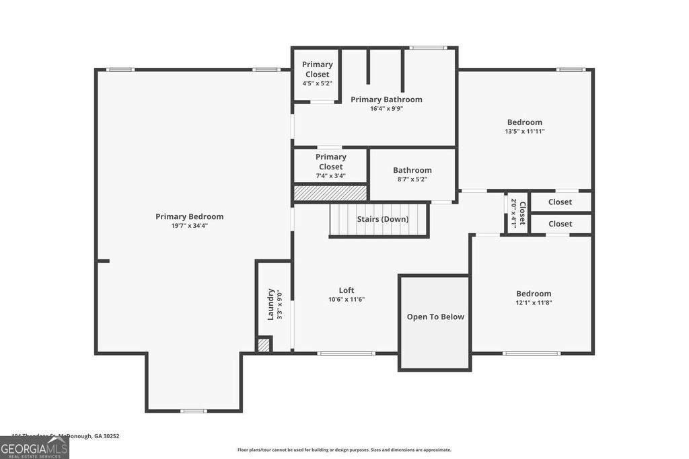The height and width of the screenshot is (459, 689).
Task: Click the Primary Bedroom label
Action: tap(189, 216)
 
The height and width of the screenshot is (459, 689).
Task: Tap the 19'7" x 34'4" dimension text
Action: tap(189, 226)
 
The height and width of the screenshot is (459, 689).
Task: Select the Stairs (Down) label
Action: tap(382, 219)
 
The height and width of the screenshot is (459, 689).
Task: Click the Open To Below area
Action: tap(435, 317)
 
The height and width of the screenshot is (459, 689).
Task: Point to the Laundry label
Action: tap(270, 304)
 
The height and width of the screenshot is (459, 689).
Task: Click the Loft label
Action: tap(347, 290)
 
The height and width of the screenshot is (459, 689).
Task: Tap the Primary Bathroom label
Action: tap(386, 99)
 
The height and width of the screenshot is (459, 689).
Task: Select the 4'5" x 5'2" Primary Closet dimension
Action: tap(317, 83)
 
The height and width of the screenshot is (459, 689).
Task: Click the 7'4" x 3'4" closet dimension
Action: tap(330, 176)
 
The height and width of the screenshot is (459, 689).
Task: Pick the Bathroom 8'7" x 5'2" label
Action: tap(412, 171)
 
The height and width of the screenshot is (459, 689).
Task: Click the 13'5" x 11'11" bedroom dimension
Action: tap(524, 132)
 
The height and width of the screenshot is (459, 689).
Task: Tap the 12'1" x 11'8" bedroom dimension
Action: tap(533, 302)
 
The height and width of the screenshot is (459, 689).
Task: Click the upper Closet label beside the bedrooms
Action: tap(560, 202)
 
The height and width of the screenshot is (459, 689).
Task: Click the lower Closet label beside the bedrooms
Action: tap(560, 224)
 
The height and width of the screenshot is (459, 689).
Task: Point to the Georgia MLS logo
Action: tap(34, 447)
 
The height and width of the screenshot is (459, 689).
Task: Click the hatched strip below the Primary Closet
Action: tap(330, 194)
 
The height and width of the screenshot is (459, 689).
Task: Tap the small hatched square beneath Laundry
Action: tap(264, 345)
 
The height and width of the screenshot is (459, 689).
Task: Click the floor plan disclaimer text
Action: tap(344, 450)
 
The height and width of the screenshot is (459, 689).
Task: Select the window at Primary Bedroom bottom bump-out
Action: tap(193, 411)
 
